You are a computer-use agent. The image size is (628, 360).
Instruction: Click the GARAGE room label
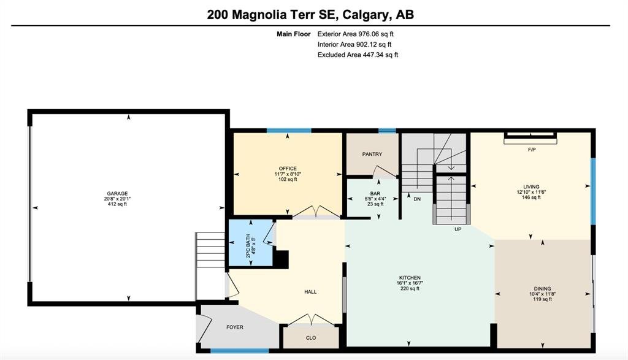click(x=117, y=193)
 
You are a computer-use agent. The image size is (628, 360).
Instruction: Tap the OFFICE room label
click(x=288, y=169)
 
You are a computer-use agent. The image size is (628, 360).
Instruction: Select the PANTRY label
click(x=372, y=154)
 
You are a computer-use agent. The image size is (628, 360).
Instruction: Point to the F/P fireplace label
click(x=532, y=150)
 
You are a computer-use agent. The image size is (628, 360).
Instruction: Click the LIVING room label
click(x=531, y=186)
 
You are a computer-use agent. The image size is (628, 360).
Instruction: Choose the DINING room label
click(x=542, y=289)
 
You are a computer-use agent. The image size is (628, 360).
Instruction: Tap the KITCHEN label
click(x=410, y=278)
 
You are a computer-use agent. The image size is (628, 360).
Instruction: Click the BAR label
click(x=375, y=194)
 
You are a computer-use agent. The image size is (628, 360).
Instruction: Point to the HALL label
click(x=310, y=292)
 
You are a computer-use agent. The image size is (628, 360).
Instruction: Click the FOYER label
click(x=235, y=327)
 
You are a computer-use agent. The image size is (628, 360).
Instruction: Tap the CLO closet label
click(x=311, y=338)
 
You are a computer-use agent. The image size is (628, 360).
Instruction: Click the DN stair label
click(x=417, y=199)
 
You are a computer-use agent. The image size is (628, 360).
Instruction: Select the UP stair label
click(x=458, y=229)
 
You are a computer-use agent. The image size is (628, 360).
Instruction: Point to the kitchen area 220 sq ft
click(x=410, y=288)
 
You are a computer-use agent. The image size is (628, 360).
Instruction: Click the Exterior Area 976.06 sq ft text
click(x=356, y=34)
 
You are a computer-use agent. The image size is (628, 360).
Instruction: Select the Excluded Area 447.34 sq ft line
click(x=358, y=55)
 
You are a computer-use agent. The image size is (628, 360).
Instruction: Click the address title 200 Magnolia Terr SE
click(x=274, y=15)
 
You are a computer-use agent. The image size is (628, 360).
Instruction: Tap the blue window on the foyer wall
click(x=240, y=351)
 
